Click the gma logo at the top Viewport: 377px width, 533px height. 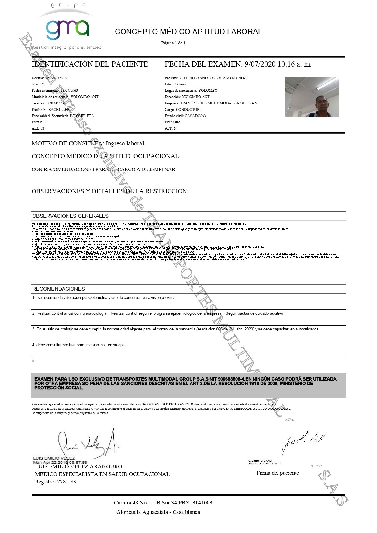click(67, 29)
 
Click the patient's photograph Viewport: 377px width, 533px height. click(312, 97)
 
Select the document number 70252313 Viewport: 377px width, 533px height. click(59, 78)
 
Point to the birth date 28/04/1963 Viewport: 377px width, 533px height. click(69, 91)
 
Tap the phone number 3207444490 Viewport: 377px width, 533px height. click(57, 103)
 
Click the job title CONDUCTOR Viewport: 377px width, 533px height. click(188, 110)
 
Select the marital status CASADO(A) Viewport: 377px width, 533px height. click(195, 116)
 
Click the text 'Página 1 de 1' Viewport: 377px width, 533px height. click(173, 43)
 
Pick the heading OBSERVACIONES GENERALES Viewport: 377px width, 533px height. click(70, 216)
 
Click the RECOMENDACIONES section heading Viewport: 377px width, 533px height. click(58, 289)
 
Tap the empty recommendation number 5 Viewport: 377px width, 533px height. click(34, 361)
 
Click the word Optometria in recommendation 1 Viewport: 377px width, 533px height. click(98, 298)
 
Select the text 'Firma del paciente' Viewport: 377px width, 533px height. click(278, 473)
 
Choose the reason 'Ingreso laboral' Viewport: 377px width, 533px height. click(125, 144)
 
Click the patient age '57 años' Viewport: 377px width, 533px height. click(181, 84)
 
